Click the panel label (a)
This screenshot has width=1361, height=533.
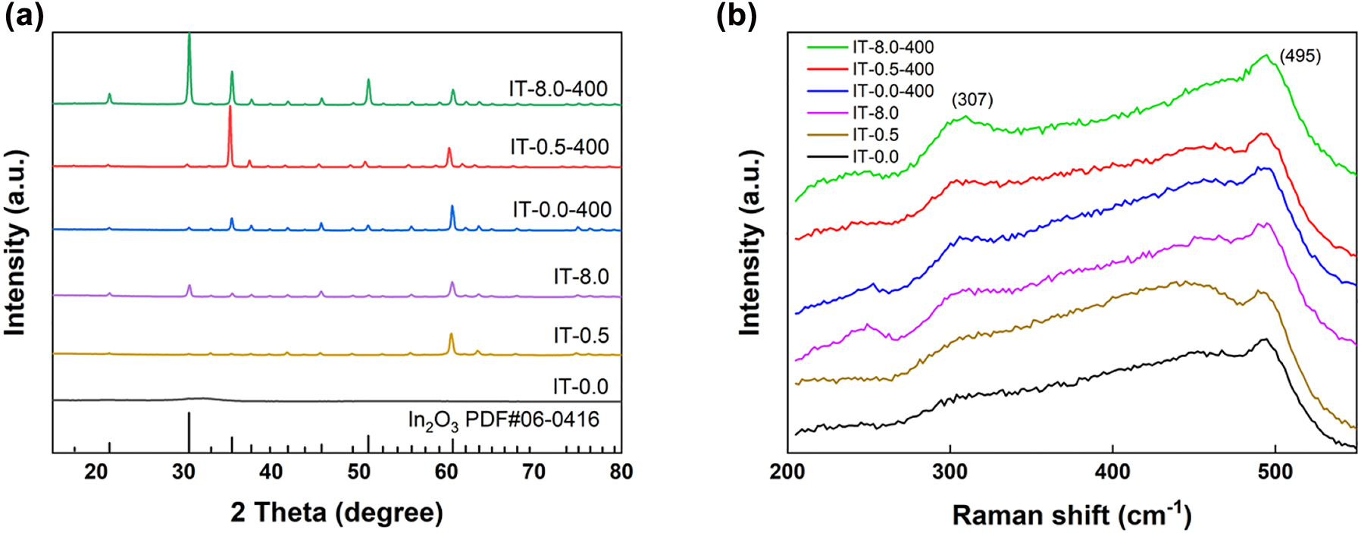pyautogui.click(x=24, y=17)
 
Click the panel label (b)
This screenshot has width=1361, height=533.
pyautogui.click(x=736, y=17)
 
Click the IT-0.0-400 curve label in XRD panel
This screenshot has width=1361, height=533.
pyautogui.click(x=562, y=209)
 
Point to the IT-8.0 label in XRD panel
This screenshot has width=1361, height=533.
pyautogui.click(x=580, y=277)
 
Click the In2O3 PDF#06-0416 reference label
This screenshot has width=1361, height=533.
pyautogui.click(x=503, y=419)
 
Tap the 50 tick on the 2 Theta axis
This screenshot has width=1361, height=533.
pyautogui.click(x=358, y=472)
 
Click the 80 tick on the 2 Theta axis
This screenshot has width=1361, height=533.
pyautogui.click(x=621, y=472)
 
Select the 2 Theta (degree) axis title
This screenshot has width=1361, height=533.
pyautogui.click(x=336, y=513)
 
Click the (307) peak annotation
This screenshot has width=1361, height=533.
pyautogui.click(x=972, y=99)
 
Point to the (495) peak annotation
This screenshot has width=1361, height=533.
pyautogui.click(x=1300, y=56)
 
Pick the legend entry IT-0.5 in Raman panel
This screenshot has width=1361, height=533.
pyautogui.click(x=875, y=135)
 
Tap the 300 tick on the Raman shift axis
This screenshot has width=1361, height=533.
pyautogui.click(x=950, y=472)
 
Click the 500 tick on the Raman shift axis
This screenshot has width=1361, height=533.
pyautogui.click(x=1275, y=472)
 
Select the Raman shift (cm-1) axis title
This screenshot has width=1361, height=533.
pyautogui.click(x=1072, y=514)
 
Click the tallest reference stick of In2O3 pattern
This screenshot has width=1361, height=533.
pyautogui.click(x=189, y=432)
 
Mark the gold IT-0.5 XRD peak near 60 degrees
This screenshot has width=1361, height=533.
pyautogui.click(x=451, y=334)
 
